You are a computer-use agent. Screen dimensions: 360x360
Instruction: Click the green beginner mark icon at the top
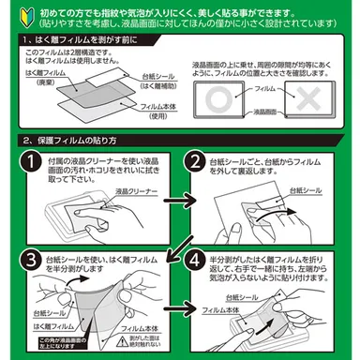pyautogui.click(x=12, y=13)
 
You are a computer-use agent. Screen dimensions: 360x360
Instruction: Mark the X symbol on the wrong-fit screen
pyautogui.click(x=307, y=100)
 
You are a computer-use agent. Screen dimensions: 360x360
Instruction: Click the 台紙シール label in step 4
pyautogui.click(x=247, y=301)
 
